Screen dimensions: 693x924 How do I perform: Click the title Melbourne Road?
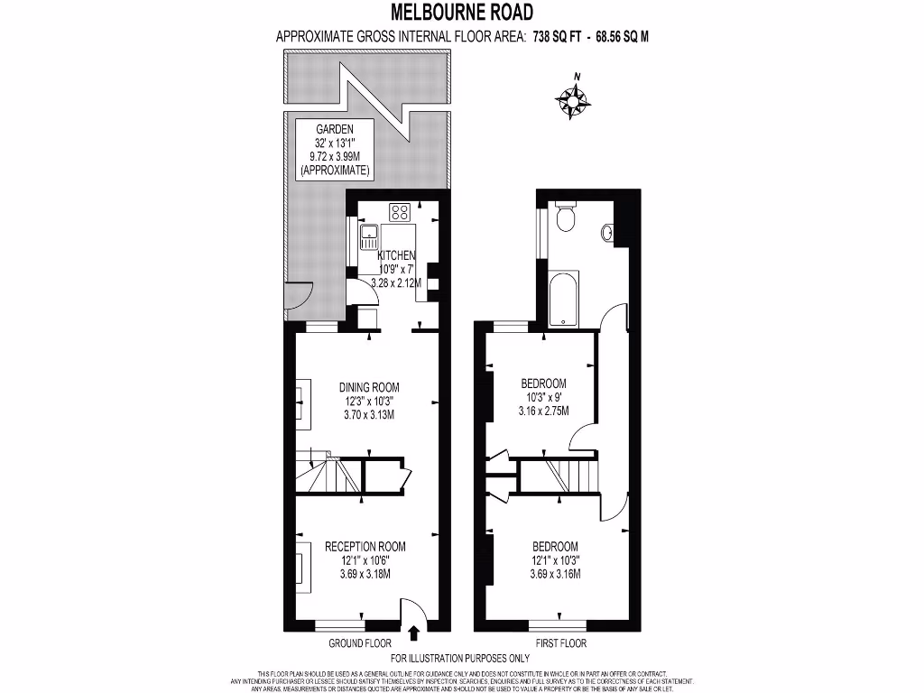461,12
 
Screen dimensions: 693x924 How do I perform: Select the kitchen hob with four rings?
400,213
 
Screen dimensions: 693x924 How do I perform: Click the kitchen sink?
369,237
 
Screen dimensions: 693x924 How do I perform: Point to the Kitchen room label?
396,256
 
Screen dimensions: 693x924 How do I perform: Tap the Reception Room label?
365,546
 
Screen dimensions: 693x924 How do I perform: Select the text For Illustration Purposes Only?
460,659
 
